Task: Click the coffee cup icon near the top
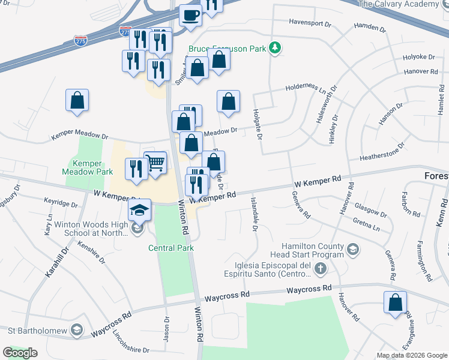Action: [x=191, y=15]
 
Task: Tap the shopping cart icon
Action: [x=155, y=162]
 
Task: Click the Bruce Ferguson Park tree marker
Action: [x=276, y=47]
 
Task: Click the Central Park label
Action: [x=172, y=248]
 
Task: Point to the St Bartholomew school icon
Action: [x=76, y=329]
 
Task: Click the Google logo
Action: [x=20, y=353]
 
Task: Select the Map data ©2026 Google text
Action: [x=411, y=355]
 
